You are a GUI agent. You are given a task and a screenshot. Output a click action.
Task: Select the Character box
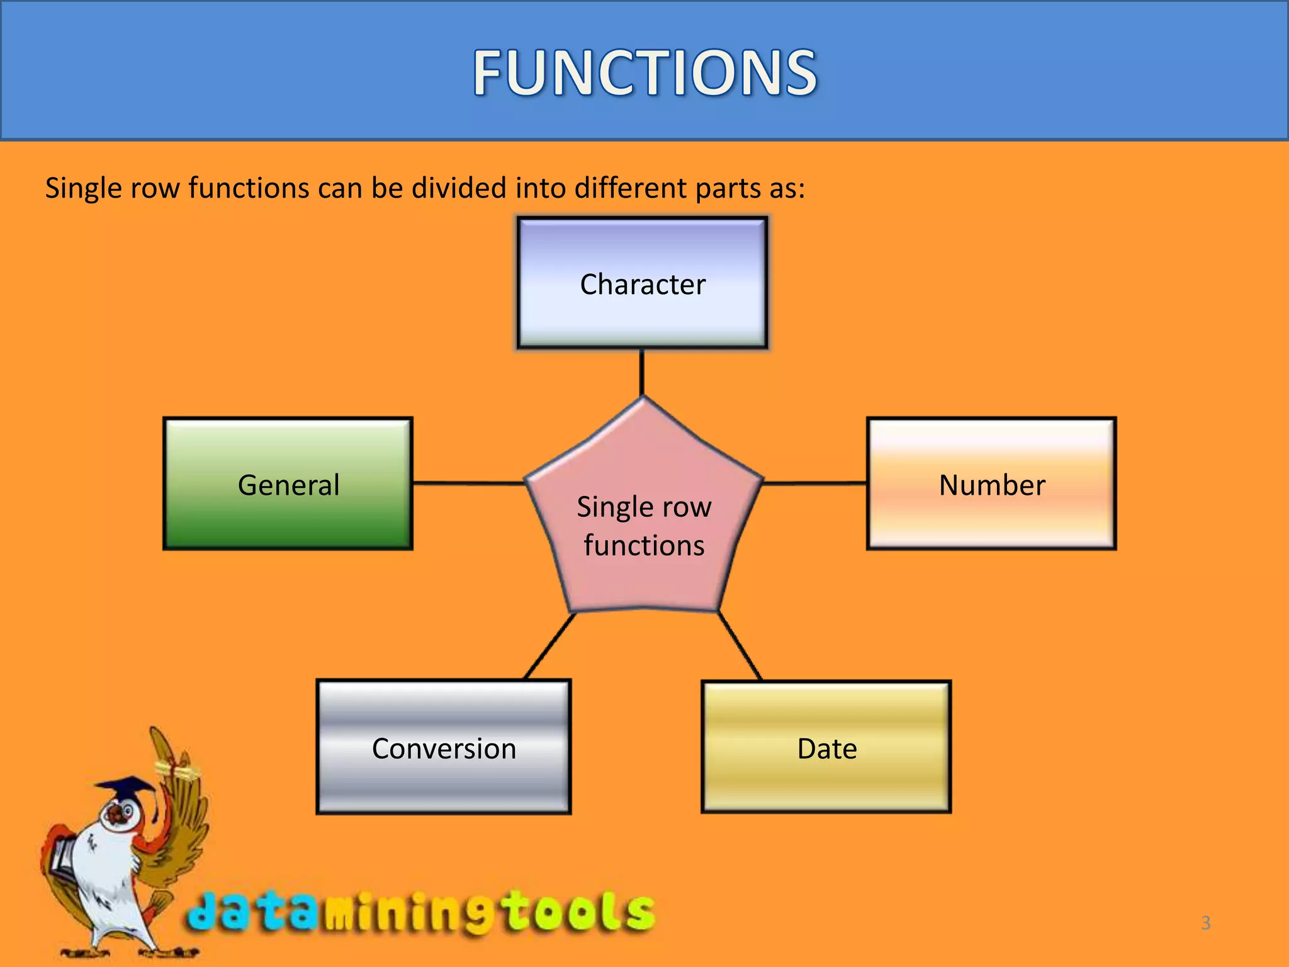pyautogui.click(x=642, y=283)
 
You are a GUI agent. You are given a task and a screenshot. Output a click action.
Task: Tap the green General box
pyautogui.click(x=288, y=484)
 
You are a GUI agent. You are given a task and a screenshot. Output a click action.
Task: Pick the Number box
pyautogui.click(x=991, y=484)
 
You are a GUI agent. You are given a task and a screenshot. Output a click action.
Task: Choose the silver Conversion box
pyautogui.click(x=444, y=748)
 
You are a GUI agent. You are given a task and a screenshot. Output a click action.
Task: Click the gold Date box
pyautogui.click(x=826, y=748)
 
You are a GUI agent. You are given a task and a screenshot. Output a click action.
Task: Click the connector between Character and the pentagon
pyautogui.click(x=642, y=372)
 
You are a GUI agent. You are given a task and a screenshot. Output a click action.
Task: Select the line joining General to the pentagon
pyautogui.click(x=469, y=483)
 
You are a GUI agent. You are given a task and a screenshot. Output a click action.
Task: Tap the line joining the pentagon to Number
pyautogui.click(x=815, y=483)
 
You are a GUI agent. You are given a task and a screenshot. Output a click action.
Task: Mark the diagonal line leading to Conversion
pyautogui.click(x=549, y=647)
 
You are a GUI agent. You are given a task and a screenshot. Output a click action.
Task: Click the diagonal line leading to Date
pyautogui.click(x=740, y=647)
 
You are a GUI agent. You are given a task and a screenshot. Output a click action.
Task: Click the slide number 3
pyautogui.click(x=1205, y=923)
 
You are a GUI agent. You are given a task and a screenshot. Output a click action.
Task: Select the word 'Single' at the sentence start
pyautogui.click(x=83, y=188)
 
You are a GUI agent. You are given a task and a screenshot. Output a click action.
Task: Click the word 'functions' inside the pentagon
pyautogui.click(x=644, y=545)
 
